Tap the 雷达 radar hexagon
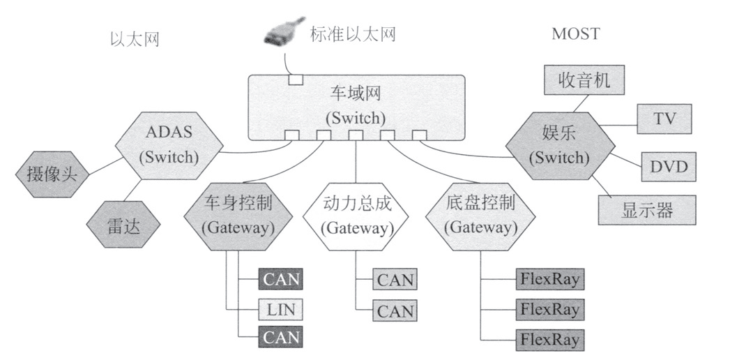(x=123, y=225)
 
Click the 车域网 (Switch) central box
(x=356, y=105)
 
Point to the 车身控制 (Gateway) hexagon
(x=238, y=214)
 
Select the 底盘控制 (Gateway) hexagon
(x=480, y=214)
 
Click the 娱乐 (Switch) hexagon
(x=559, y=145)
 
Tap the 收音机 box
(x=584, y=80)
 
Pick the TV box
(x=664, y=119)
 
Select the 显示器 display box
(x=647, y=210)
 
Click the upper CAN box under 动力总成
(x=395, y=280)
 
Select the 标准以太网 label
(x=353, y=34)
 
